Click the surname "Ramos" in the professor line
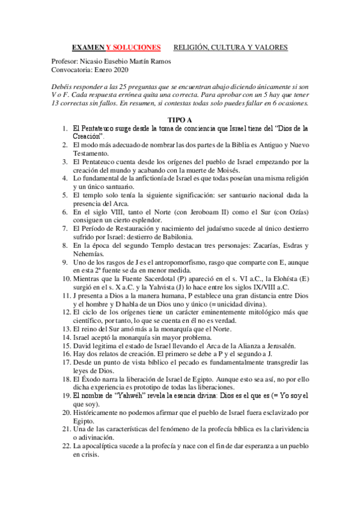[159, 61]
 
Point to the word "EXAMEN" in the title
[88, 47]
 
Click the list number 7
[67, 229]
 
